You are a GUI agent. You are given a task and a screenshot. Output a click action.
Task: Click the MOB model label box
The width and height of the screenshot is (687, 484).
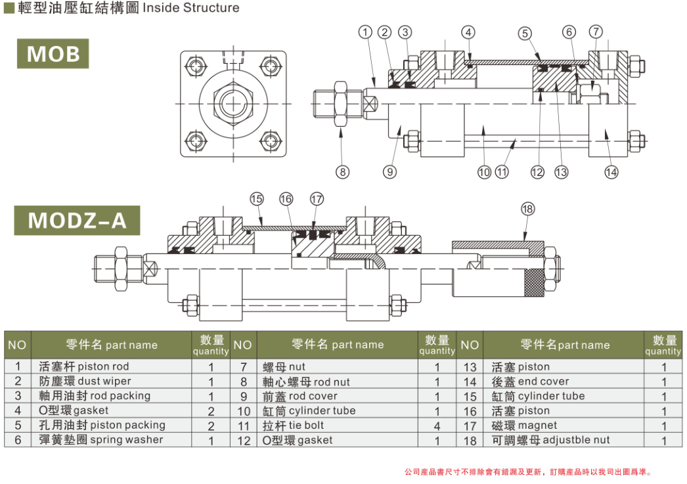53,54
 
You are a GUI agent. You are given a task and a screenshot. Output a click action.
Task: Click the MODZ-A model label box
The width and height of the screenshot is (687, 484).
77,220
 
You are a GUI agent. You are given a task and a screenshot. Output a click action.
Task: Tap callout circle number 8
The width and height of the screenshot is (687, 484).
342,172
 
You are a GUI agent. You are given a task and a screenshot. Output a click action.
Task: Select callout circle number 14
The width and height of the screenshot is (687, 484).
611,172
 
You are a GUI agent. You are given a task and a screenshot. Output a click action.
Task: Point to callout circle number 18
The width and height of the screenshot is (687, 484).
527,209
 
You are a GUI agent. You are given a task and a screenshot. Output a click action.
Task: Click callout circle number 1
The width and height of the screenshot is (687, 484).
366,32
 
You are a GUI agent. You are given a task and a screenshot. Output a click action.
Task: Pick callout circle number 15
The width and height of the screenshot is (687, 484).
256,198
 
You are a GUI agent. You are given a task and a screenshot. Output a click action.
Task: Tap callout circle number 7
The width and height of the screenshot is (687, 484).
596,32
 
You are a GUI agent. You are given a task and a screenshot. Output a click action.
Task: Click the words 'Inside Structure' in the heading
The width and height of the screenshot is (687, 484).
191,9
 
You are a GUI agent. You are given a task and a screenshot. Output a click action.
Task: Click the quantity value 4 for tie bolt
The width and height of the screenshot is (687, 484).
437,426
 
